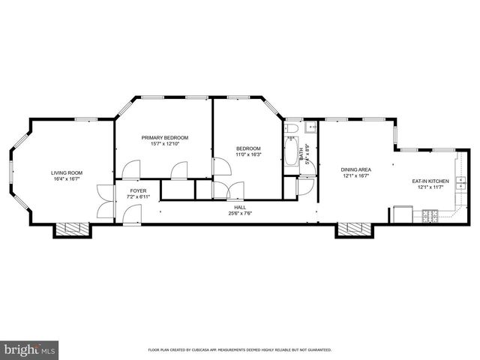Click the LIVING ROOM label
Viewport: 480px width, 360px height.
67,172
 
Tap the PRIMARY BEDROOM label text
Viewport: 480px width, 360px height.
165,137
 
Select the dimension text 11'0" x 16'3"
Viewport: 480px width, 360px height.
247,154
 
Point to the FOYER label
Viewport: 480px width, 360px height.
138,190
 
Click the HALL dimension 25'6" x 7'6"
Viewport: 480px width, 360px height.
240,213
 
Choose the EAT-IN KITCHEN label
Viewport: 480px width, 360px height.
430,181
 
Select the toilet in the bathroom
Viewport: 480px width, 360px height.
291,130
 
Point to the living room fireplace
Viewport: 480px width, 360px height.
71,229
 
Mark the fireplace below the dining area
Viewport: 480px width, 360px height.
353,229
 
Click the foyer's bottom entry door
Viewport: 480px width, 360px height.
132,215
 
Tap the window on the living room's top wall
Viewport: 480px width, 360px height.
85,118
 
